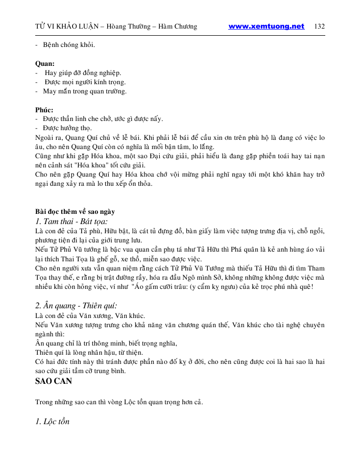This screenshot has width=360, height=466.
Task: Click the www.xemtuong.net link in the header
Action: (266, 27)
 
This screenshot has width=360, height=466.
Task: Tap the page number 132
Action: (320, 27)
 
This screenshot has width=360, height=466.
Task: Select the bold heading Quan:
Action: (45, 64)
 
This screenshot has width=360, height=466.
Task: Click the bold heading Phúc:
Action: (44, 110)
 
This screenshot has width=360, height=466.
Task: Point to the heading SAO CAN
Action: (53, 381)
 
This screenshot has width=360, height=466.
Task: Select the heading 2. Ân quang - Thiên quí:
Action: (76, 306)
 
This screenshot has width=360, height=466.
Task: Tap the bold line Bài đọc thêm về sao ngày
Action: (75, 211)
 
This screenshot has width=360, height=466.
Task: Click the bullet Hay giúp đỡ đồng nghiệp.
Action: (83, 73)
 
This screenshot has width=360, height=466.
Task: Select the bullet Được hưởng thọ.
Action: (67, 128)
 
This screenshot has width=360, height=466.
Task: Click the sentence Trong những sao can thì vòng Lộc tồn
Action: (119, 402)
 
